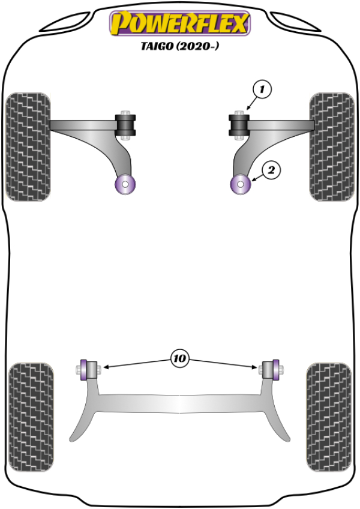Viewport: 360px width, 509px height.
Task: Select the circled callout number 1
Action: [x=262, y=90]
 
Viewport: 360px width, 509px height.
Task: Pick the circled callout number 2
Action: [x=271, y=170]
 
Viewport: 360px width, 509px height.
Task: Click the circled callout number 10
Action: [x=179, y=359]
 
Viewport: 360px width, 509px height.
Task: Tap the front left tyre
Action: [x=28, y=146]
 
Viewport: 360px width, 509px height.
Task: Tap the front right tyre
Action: [x=332, y=146]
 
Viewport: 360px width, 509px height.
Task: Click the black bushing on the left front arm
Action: [x=127, y=124]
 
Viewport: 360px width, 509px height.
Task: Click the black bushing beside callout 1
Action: [x=239, y=124]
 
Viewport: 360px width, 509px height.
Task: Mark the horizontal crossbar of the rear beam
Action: [x=180, y=403]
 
